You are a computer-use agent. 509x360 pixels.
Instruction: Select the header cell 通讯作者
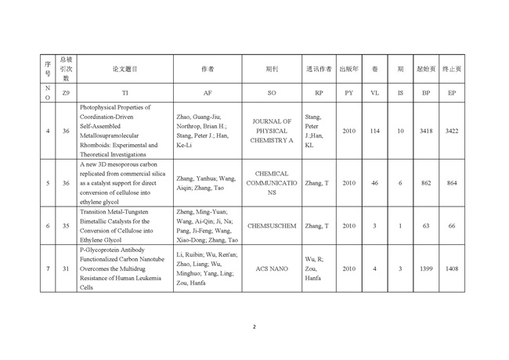pos(318,69)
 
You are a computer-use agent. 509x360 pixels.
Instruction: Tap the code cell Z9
pos(67,93)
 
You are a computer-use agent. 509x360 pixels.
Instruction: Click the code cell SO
pos(272,93)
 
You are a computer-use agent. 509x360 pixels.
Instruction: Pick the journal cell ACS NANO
pos(272,268)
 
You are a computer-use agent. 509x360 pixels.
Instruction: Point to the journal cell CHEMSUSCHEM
pos(272,226)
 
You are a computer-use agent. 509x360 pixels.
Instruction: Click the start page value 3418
pos(426,131)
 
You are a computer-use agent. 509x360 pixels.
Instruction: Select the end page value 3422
pos(452,131)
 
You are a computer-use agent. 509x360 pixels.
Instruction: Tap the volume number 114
pos(374,131)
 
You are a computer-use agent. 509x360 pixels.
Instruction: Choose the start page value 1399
pos(426,268)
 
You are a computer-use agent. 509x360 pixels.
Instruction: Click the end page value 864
pos(452,183)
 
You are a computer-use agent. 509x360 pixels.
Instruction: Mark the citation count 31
pos(67,268)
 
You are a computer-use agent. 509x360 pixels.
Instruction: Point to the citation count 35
pos(67,226)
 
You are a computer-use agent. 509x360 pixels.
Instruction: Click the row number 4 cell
pos(48,131)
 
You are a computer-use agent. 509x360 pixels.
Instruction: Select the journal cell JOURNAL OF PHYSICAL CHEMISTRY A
pos(272,131)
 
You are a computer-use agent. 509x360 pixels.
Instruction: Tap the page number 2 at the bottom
pos(254,326)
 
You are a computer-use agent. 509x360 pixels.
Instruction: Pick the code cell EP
pos(452,93)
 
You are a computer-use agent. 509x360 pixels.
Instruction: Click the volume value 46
pos(374,183)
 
